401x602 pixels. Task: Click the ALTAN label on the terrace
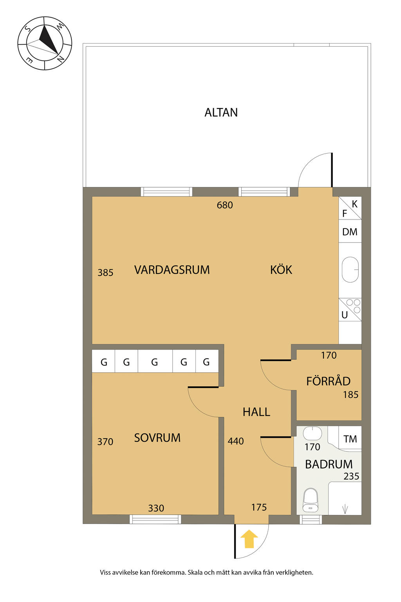tap(221, 112)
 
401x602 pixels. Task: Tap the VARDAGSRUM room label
tap(172, 270)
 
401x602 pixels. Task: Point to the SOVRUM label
tap(157, 438)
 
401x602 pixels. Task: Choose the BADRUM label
tap(329, 464)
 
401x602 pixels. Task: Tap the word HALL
tap(256, 412)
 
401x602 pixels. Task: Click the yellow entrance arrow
tap(249, 539)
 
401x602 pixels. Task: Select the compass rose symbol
tap(45, 43)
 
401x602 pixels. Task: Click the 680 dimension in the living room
tap(224, 205)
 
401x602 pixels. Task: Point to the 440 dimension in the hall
tap(236, 441)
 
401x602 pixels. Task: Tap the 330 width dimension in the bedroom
tap(156, 508)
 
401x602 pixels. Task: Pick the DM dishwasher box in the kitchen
tap(350, 231)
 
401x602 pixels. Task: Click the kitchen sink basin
tap(350, 270)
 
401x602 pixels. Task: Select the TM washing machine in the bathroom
tap(350, 439)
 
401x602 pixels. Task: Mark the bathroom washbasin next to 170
tap(312, 433)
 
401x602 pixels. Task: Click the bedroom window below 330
tap(155, 519)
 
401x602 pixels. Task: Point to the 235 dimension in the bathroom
tap(351, 476)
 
